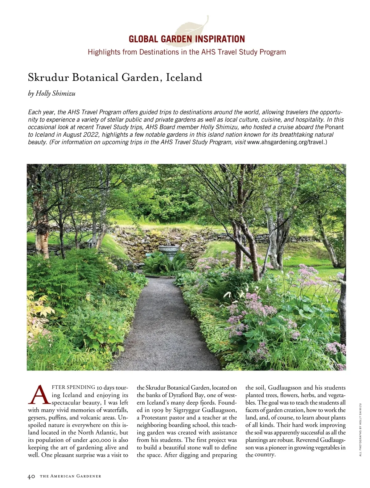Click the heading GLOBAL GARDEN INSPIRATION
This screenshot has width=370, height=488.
187,39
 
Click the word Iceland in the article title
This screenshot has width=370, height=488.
184,77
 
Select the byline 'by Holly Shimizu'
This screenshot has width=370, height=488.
51,93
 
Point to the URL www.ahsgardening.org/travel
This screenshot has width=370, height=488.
286,142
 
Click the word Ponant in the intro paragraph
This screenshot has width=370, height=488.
334,127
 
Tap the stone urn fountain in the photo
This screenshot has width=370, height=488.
168,252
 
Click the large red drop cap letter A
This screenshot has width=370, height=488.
39,395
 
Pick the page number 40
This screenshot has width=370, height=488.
31,476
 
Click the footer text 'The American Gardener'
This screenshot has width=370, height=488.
71,476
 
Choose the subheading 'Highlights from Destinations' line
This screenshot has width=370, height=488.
187,52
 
